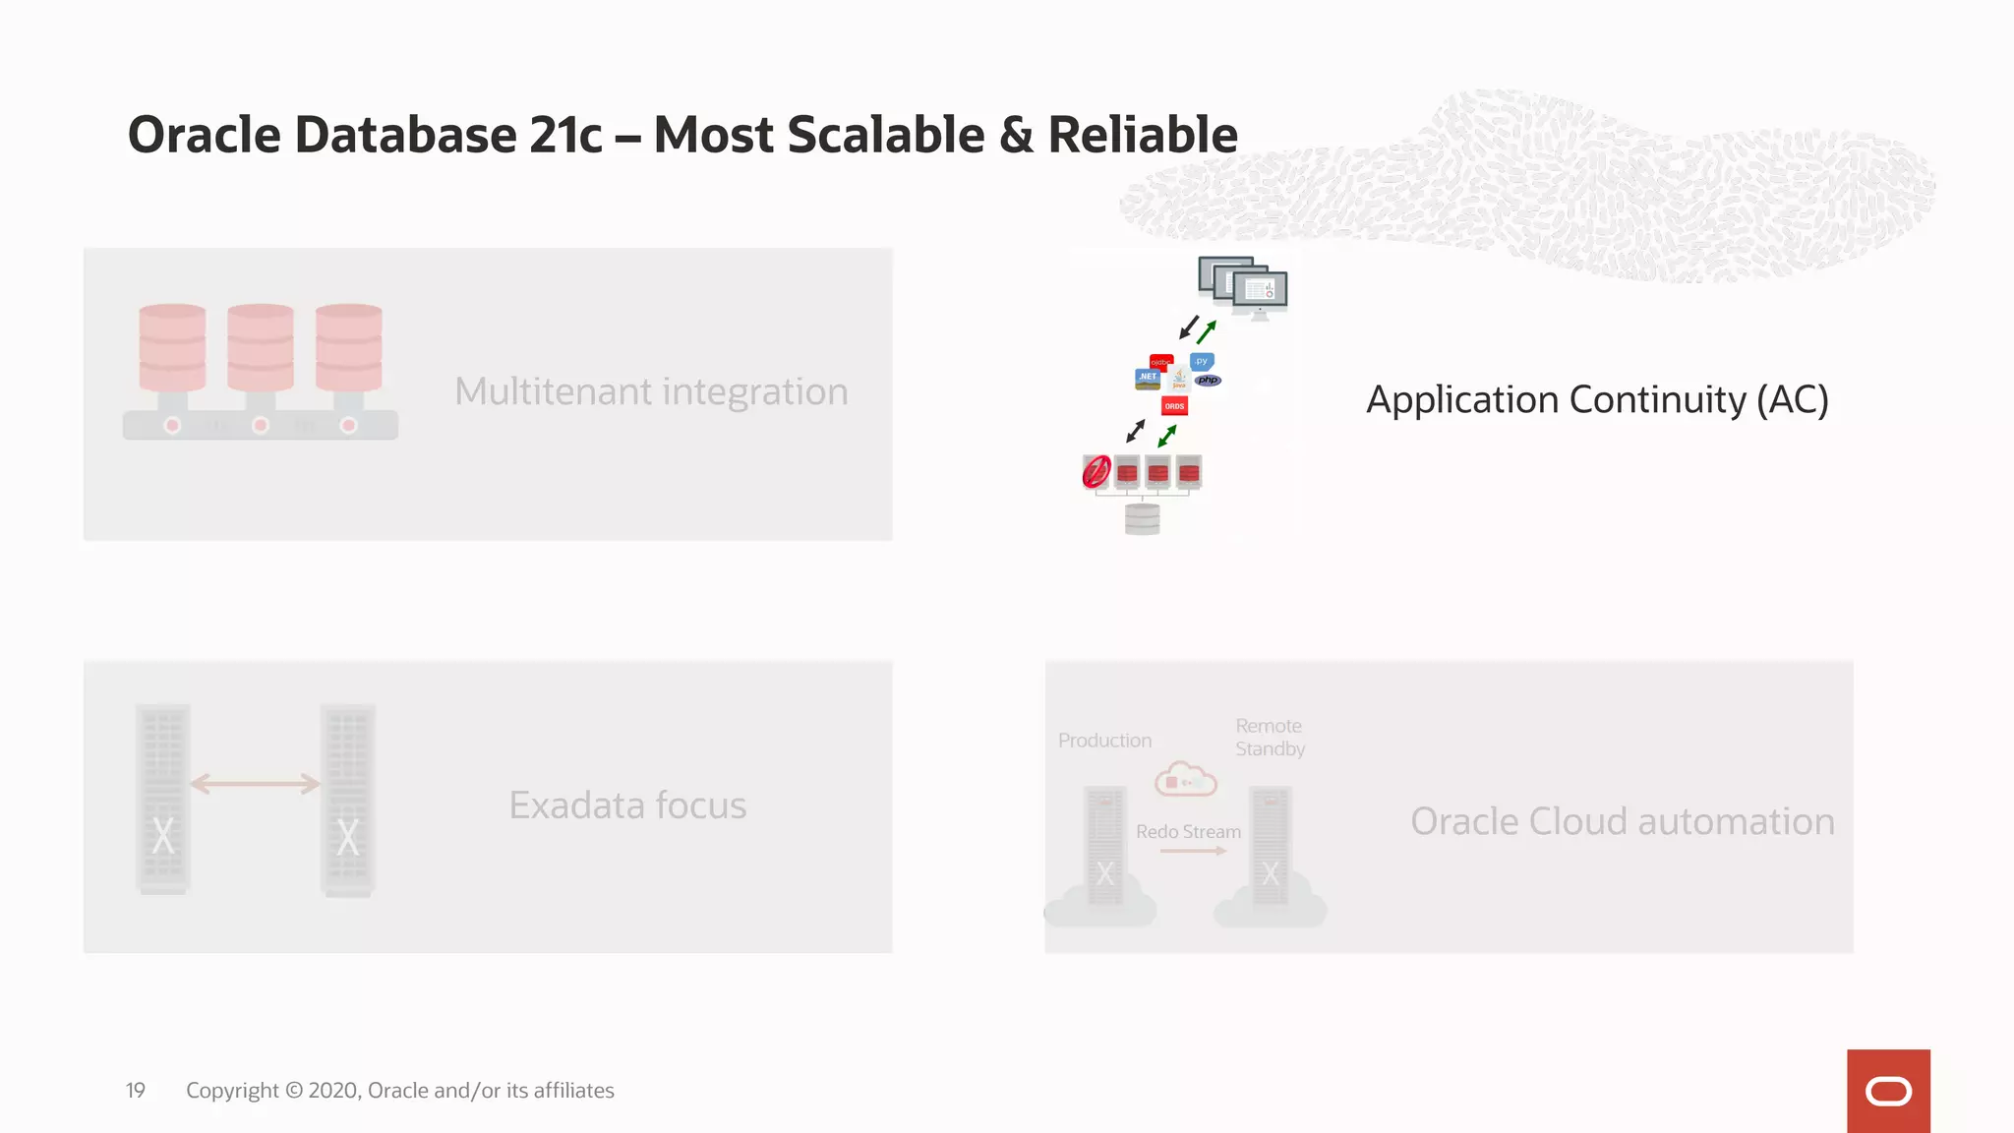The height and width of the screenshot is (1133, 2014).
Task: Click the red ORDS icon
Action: [x=1174, y=406]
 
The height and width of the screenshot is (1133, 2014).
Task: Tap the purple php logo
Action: [x=1208, y=381]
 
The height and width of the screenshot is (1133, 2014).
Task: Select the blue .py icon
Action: [x=1202, y=362]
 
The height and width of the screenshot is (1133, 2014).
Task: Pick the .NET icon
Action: [x=1148, y=378]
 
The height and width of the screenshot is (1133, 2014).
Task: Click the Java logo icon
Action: [x=1178, y=380]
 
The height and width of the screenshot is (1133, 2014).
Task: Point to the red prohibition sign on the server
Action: [x=1096, y=472]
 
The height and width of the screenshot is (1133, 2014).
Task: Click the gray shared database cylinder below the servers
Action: [x=1142, y=518]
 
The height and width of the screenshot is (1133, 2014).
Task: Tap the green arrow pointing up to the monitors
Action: [x=1207, y=331]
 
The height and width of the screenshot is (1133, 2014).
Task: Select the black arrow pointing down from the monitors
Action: [x=1189, y=327]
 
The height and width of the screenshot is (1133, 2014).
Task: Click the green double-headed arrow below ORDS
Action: [x=1167, y=435]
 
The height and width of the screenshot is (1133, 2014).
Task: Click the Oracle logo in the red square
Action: [x=1888, y=1092]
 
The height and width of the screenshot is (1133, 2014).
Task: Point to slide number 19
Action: [x=136, y=1091]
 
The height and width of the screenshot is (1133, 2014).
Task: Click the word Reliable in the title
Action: [x=1142, y=135]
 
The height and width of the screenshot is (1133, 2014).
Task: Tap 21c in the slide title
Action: [x=565, y=135]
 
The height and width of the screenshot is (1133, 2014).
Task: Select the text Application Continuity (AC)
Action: [x=1597, y=400]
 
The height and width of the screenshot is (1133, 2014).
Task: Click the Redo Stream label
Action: [x=1188, y=832]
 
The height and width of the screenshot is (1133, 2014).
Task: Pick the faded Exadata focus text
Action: [x=627, y=805]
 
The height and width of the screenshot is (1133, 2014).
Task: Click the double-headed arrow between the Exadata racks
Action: [x=256, y=784]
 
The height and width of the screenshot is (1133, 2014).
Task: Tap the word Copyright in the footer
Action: [x=232, y=1091]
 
